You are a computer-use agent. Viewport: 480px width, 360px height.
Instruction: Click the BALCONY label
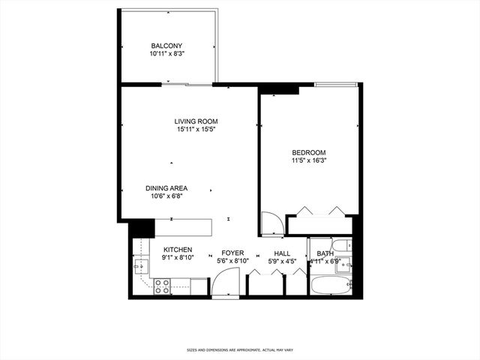pyautogui.click(x=166, y=46)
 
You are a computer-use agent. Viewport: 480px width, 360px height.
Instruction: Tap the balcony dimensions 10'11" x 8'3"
pyautogui.click(x=167, y=54)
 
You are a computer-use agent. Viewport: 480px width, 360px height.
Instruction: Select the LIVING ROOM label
pyautogui.click(x=196, y=121)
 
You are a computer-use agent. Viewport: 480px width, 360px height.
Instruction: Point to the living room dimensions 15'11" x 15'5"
pyautogui.click(x=197, y=130)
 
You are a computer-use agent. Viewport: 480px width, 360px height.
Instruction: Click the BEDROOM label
pyautogui.click(x=308, y=152)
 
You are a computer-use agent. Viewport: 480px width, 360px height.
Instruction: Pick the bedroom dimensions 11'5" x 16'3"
pyautogui.click(x=309, y=160)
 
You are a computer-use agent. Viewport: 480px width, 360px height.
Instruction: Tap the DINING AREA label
pyautogui.click(x=166, y=188)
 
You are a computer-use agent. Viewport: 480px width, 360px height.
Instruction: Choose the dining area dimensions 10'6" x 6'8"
pyautogui.click(x=166, y=196)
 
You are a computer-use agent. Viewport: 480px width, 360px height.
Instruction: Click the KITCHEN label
pyautogui.click(x=178, y=250)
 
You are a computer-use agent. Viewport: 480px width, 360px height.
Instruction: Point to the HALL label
pyautogui.click(x=282, y=253)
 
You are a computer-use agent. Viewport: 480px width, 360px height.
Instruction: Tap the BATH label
pyautogui.click(x=325, y=253)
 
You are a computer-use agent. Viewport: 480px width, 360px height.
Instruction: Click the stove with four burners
pyautogui.click(x=162, y=286)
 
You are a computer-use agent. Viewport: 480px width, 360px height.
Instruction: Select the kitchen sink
pyautogui.click(x=140, y=265)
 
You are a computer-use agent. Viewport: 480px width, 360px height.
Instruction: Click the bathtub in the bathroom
pyautogui.click(x=330, y=286)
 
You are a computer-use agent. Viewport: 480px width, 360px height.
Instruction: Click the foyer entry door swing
pyautogui.click(x=223, y=283)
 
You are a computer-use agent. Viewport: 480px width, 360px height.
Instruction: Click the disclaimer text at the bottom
pyautogui.click(x=239, y=350)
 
